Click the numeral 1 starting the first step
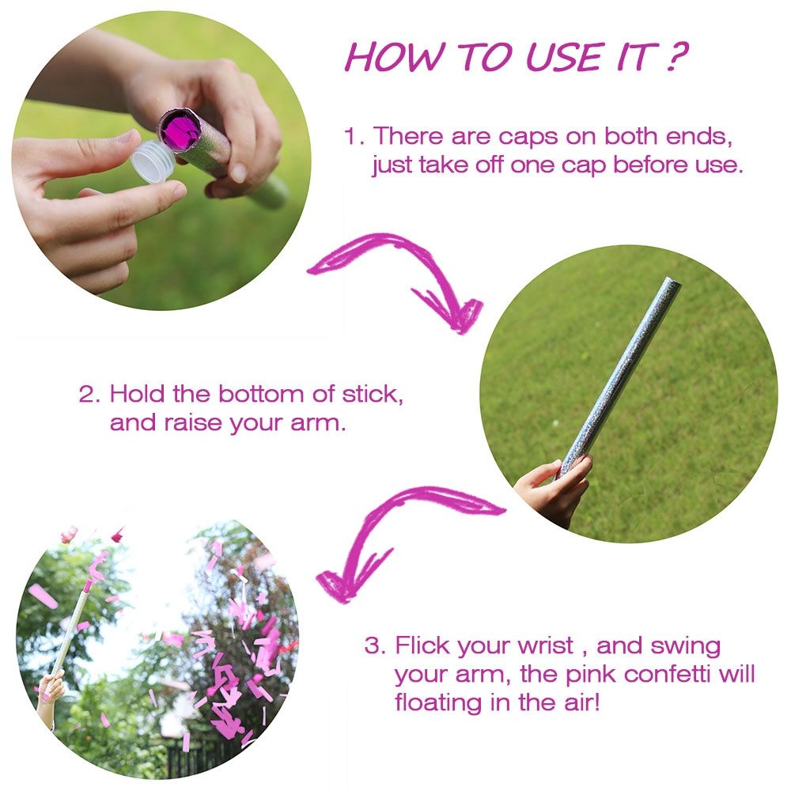coord(350,136)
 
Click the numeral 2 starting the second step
coord(86,394)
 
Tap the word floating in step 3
coord(439,703)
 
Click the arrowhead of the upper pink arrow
coord(456,312)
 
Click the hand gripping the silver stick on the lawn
coord(552,486)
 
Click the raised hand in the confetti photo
coord(51,689)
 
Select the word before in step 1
coord(652,165)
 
